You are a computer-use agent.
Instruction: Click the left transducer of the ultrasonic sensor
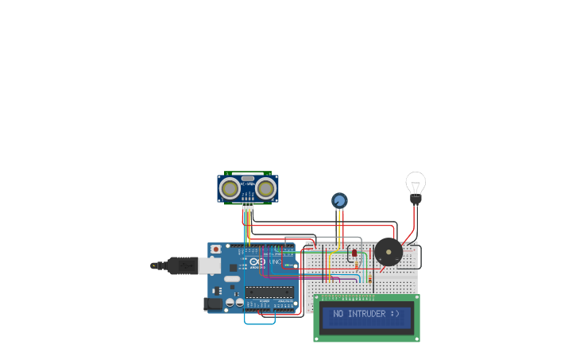230,188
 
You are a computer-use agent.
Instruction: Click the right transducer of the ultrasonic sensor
265,188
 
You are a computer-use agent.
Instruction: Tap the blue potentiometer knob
339,200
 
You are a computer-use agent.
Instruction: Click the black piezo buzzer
389,252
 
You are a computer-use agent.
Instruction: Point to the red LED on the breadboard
354,253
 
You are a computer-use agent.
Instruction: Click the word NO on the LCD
338,314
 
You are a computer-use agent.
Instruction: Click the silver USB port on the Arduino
211,265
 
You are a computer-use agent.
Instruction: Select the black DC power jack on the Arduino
213,303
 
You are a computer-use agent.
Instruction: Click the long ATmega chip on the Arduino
268,292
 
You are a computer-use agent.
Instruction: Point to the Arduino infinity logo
259,261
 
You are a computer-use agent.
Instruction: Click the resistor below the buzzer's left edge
371,277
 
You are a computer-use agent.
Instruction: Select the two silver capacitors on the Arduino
234,302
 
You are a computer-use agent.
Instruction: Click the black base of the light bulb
416,199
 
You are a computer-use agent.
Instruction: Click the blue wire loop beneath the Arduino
260,320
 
